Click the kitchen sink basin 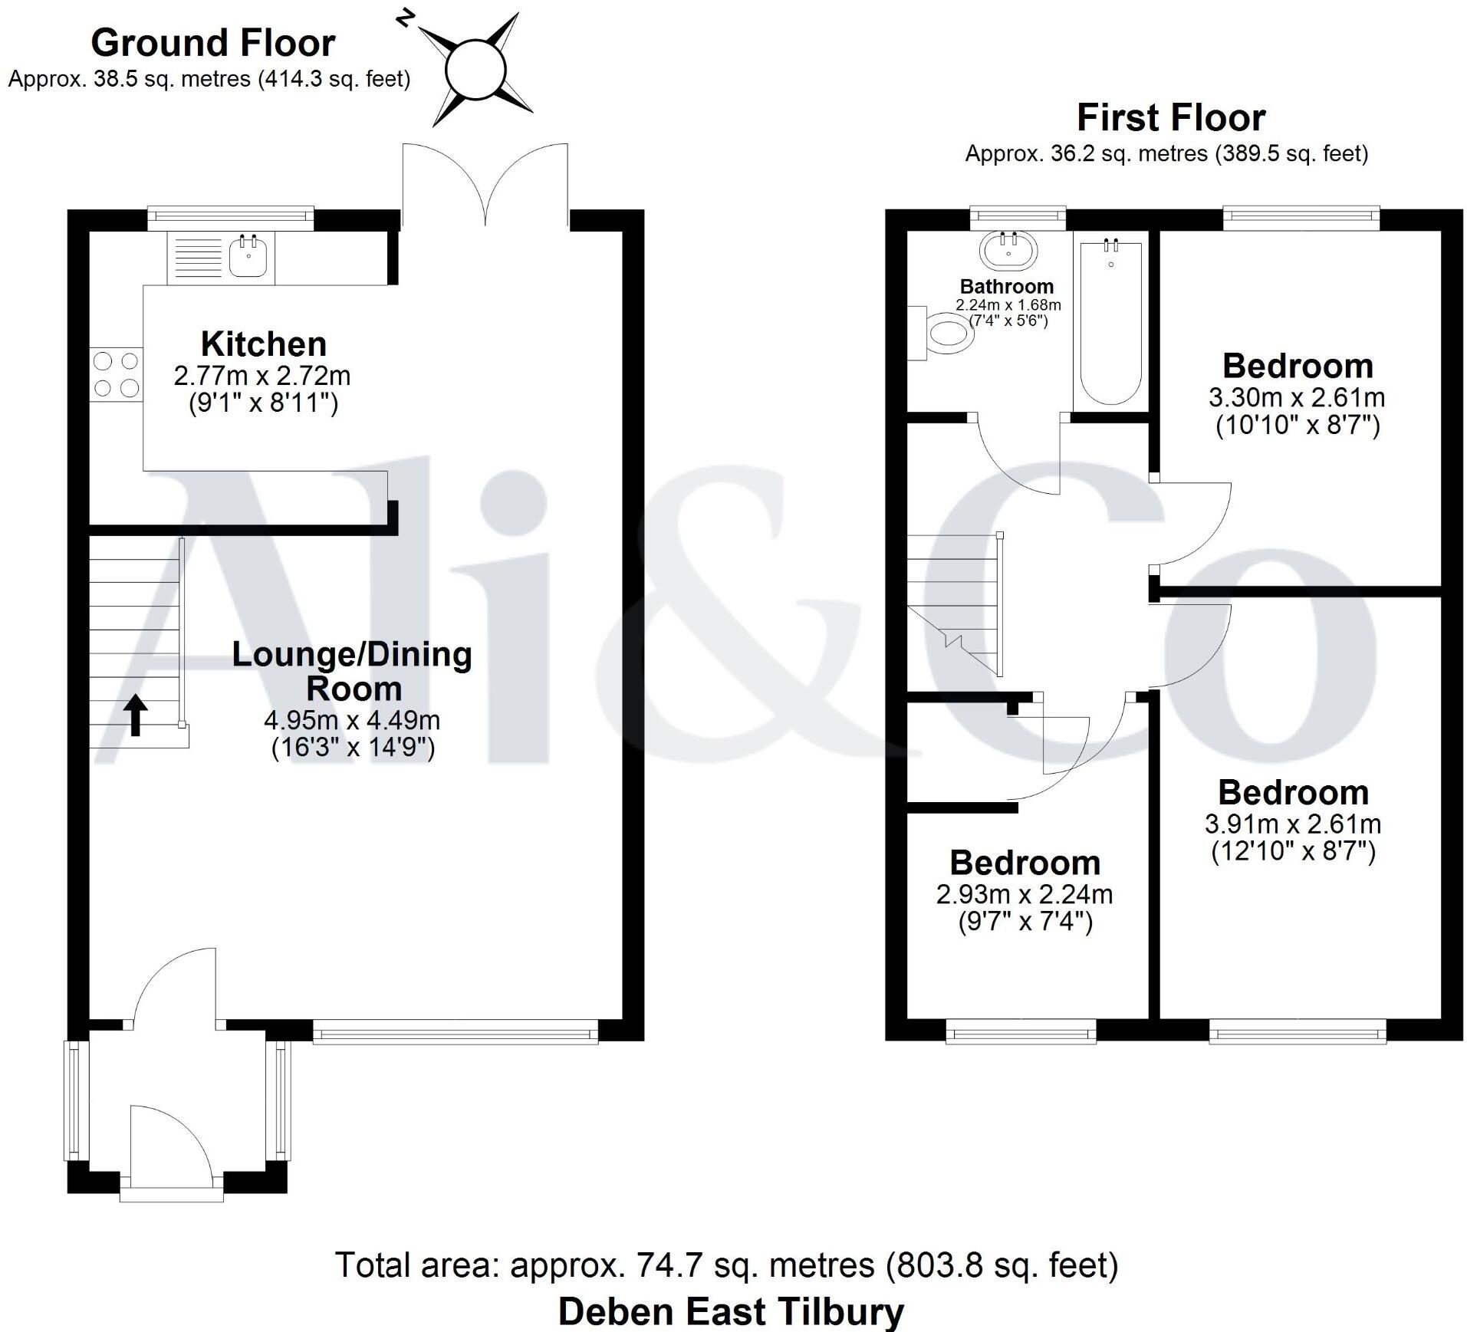(248, 258)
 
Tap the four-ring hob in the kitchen (117, 374)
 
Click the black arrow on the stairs (136, 715)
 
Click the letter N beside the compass (405, 17)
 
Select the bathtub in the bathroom (1110, 322)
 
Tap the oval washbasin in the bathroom (1008, 249)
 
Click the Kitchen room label (263, 344)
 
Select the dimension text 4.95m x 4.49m (352, 720)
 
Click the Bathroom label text (1006, 287)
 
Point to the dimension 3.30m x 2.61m (1297, 398)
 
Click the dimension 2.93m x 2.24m (1024, 894)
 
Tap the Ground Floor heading (213, 43)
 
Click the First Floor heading (1170, 118)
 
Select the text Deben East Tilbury (731, 1311)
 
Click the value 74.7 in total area (669, 1265)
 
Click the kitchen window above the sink (230, 218)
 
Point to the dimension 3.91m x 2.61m (1292, 824)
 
